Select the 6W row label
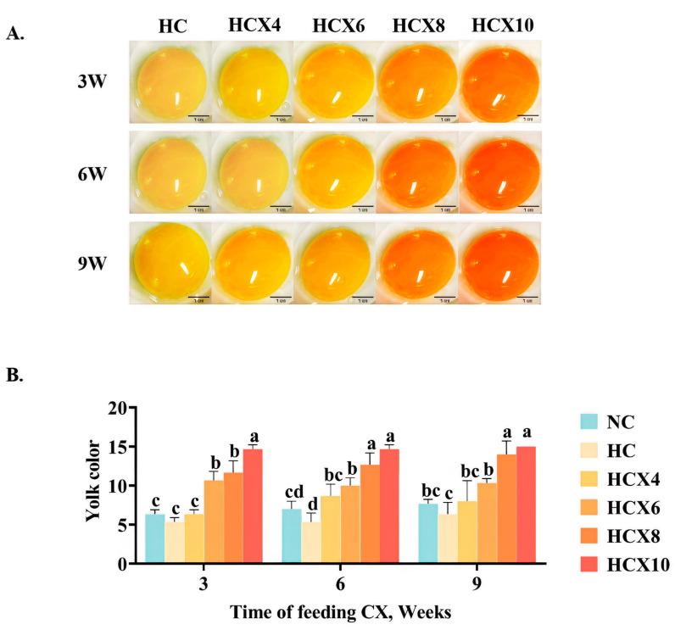coord(92,168)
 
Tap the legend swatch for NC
coord(592,421)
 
